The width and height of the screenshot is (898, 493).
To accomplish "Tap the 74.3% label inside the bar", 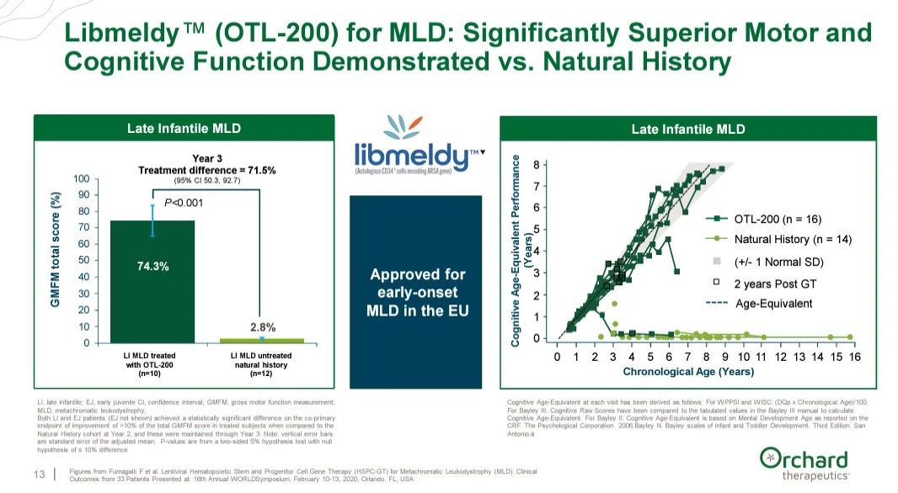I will pos(153,267).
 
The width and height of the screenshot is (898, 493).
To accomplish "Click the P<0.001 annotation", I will pos(183,203).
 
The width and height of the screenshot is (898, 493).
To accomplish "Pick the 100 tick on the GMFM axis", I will pos(82,179).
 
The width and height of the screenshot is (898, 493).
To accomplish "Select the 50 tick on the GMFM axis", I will pos(84,261).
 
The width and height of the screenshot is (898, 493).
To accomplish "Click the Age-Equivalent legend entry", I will pos(772,303).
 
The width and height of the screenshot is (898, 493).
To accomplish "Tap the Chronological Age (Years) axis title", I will pos(687,371).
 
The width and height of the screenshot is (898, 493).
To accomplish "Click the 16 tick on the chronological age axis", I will pos(855,357).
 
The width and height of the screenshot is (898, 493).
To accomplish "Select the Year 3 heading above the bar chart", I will pos(206,158).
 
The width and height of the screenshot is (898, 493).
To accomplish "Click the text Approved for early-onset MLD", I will pos(416,292).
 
